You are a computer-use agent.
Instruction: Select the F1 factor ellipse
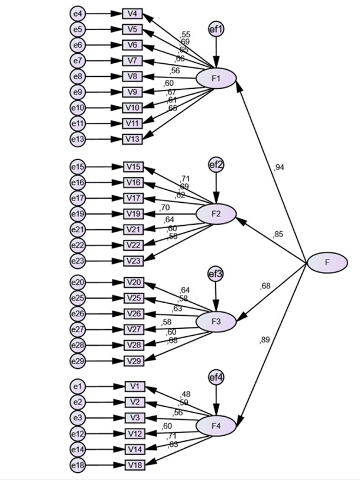coord(216,78)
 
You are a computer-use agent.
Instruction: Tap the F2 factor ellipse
coord(216,213)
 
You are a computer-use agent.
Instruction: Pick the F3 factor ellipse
coord(216,322)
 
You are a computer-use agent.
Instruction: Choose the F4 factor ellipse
coord(216,426)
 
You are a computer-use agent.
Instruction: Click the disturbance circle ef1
coord(216,28)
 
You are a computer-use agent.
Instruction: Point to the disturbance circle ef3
coord(216,274)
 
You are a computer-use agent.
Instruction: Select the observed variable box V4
coord(132,13)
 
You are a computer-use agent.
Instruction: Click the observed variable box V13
coord(132,139)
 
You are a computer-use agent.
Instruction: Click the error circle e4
coord(77,13)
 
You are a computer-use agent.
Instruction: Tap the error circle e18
coord(77,465)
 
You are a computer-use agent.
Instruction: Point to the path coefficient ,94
coord(279,168)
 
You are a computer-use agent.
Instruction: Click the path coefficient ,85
coord(277,235)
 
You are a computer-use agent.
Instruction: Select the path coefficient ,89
coord(264,339)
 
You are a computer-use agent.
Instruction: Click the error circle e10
coord(77,108)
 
